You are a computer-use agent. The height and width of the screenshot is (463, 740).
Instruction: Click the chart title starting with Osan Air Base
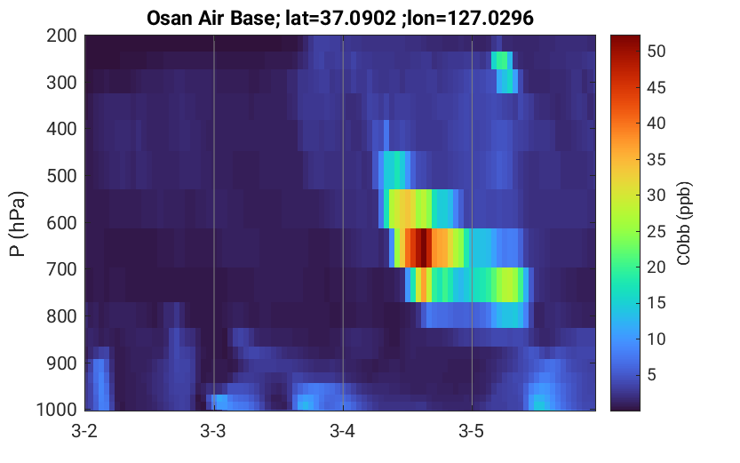339,19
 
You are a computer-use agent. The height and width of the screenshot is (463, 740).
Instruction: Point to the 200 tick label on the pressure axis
61,36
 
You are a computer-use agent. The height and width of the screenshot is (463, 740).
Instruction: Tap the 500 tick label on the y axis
61,176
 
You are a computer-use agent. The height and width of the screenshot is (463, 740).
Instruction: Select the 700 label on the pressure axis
61,269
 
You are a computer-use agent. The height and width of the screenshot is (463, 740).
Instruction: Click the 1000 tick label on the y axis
57,409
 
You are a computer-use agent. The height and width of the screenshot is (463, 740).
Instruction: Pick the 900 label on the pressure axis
61,363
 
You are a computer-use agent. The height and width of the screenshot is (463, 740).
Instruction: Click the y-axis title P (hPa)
18,224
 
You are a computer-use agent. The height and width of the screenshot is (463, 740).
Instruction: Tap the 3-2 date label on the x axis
84,431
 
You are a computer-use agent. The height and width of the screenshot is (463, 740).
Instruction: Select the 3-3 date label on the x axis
213,431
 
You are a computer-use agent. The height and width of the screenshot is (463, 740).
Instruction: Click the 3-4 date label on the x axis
343,431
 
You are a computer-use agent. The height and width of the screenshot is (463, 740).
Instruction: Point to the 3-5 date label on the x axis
472,431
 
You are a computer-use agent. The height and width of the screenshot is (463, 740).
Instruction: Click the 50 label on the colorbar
656,51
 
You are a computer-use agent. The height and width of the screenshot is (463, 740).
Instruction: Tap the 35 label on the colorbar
656,160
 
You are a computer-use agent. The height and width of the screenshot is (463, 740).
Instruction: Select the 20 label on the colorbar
656,267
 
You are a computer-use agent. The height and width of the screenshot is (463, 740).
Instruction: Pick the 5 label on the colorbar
652,375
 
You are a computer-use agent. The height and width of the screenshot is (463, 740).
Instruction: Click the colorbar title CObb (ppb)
683,223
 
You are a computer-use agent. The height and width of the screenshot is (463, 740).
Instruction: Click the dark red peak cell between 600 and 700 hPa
424,248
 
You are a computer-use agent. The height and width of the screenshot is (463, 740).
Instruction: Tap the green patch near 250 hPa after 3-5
500,60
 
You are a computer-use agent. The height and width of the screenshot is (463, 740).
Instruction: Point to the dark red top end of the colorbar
625,39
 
